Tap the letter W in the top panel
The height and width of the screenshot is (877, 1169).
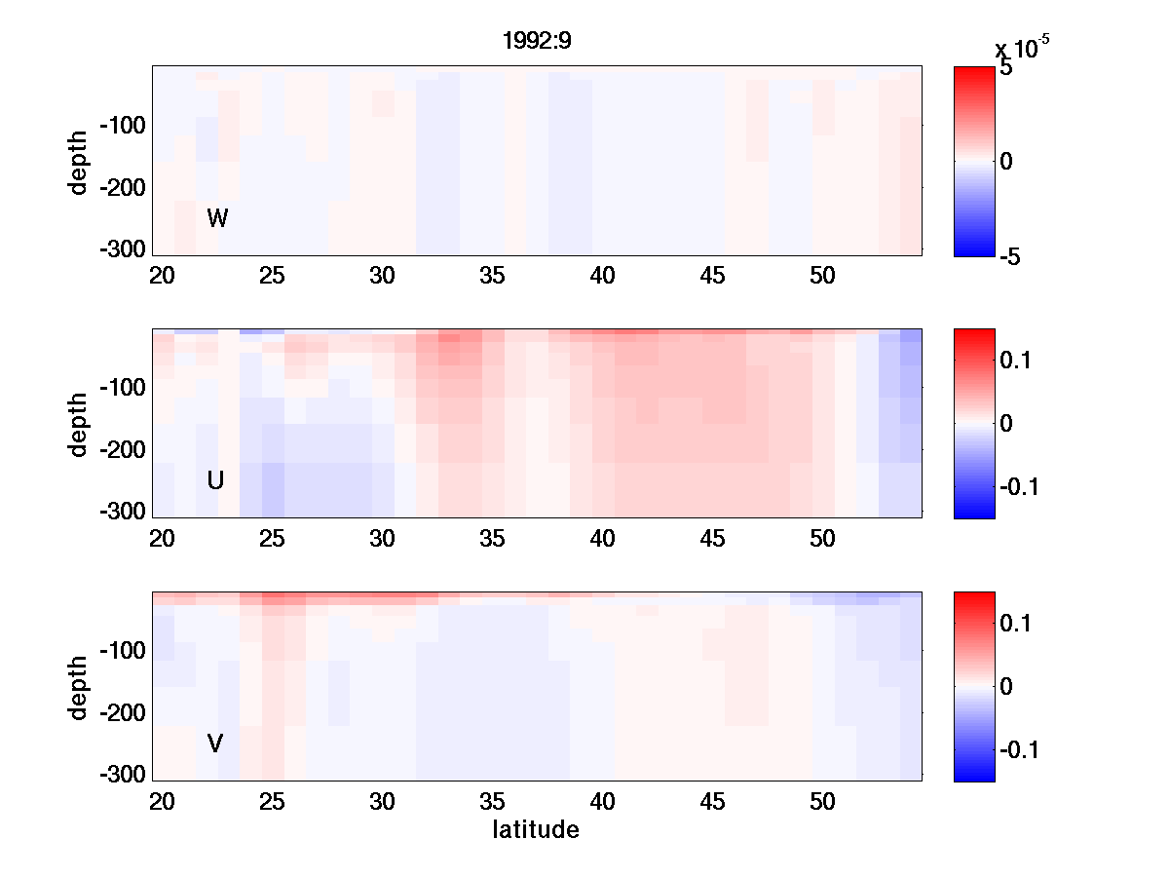(217, 219)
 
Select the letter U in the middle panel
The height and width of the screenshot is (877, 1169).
(216, 480)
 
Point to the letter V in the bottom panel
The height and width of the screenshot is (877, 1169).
(215, 744)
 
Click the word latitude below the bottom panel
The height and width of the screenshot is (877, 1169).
(536, 830)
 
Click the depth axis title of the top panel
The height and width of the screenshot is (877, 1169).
(79, 161)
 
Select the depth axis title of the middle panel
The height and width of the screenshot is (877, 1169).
(79, 424)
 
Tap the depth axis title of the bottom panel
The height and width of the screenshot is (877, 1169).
(79, 687)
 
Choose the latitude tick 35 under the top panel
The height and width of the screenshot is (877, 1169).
(493, 277)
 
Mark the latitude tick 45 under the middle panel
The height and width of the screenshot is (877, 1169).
(713, 539)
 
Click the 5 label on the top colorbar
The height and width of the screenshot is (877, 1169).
(1006, 69)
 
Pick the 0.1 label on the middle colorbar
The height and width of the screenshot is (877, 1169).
(1017, 362)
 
